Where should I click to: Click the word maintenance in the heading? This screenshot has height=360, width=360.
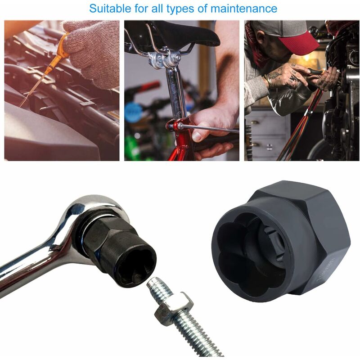243,9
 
